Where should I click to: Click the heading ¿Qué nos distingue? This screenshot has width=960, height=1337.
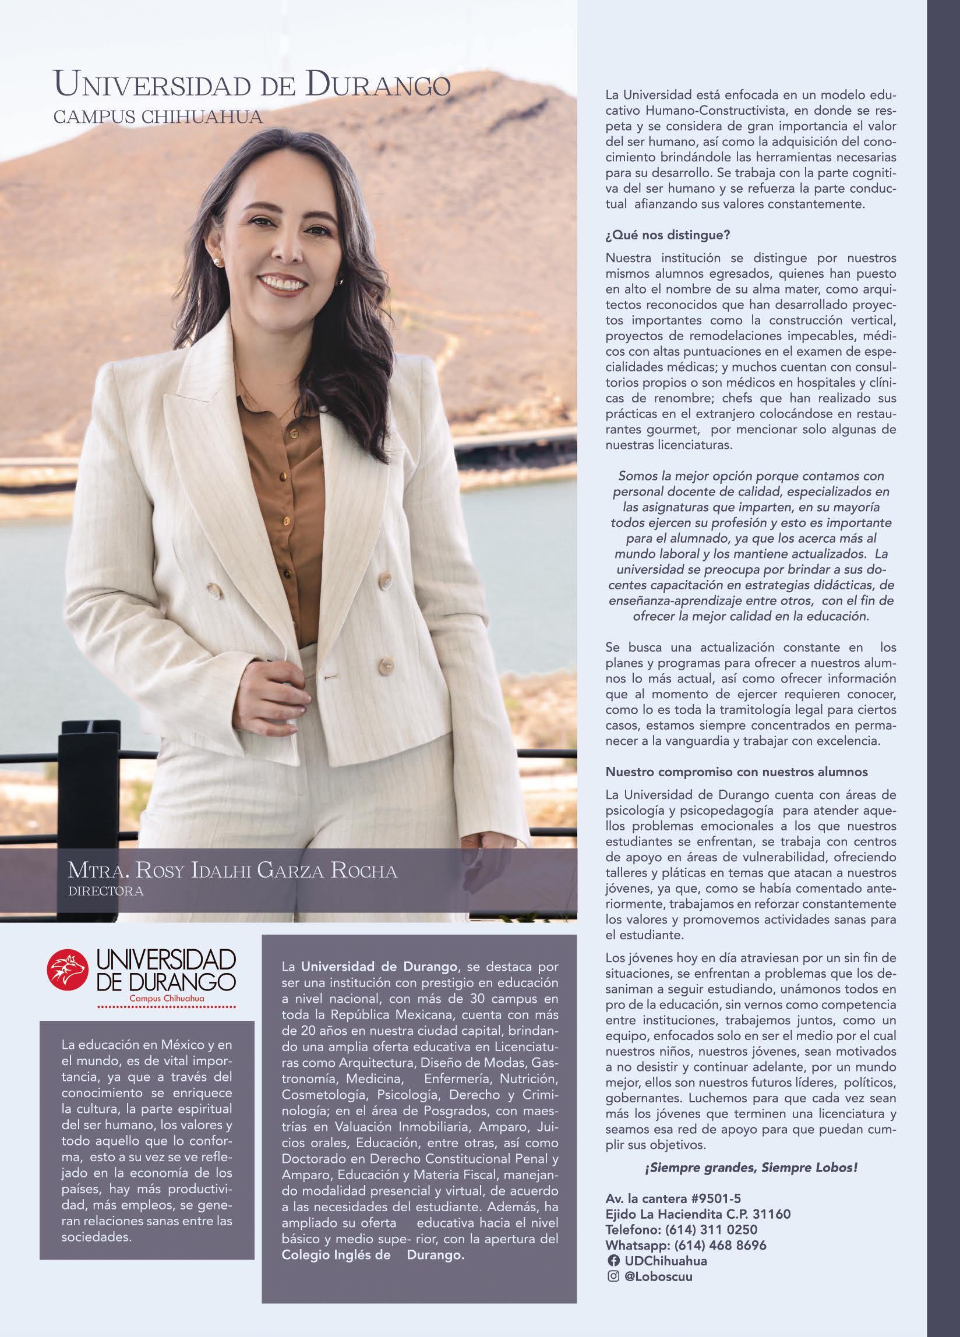click(x=668, y=235)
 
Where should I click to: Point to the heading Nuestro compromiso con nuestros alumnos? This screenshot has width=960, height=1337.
click(x=736, y=772)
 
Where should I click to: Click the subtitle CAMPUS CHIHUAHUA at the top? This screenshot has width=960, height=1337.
click(x=157, y=116)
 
